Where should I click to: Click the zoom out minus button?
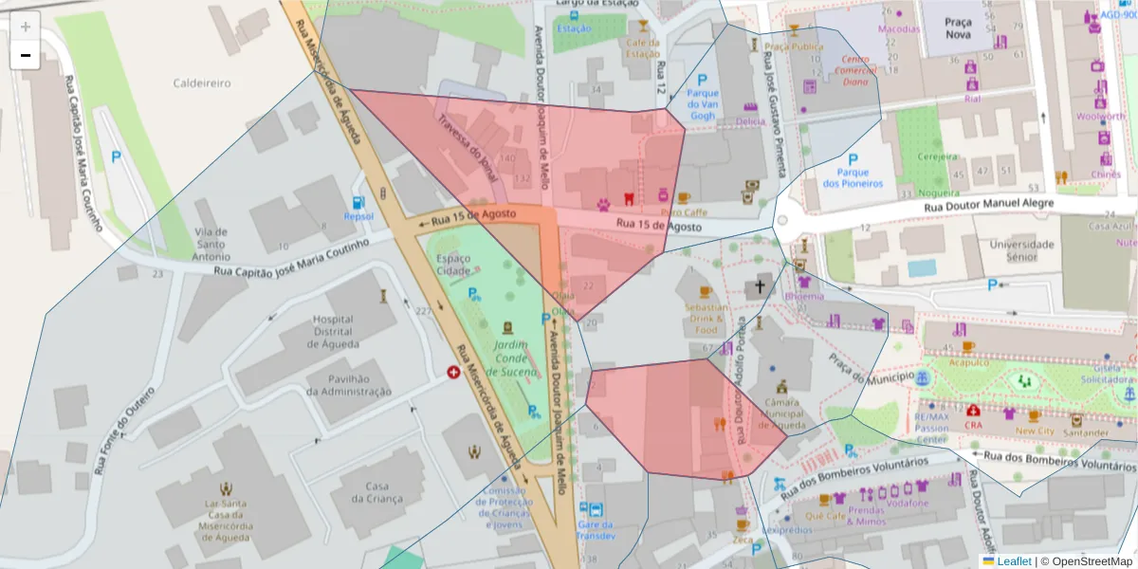[x=26, y=55]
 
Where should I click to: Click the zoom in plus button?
[x=26, y=27]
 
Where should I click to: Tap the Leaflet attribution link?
[x=1014, y=561]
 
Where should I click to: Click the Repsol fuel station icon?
[x=358, y=202]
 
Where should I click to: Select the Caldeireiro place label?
[x=201, y=83]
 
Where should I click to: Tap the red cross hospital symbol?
[x=453, y=373]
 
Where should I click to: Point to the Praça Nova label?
[x=959, y=28]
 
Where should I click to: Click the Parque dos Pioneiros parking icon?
[x=853, y=160]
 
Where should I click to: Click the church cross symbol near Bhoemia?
[x=760, y=286]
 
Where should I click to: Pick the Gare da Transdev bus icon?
[x=595, y=509]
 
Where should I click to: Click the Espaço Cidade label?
[x=453, y=265]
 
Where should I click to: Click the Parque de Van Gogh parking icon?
[x=703, y=82]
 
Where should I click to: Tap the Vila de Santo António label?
[x=210, y=244]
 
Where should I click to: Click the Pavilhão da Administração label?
[x=348, y=384]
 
